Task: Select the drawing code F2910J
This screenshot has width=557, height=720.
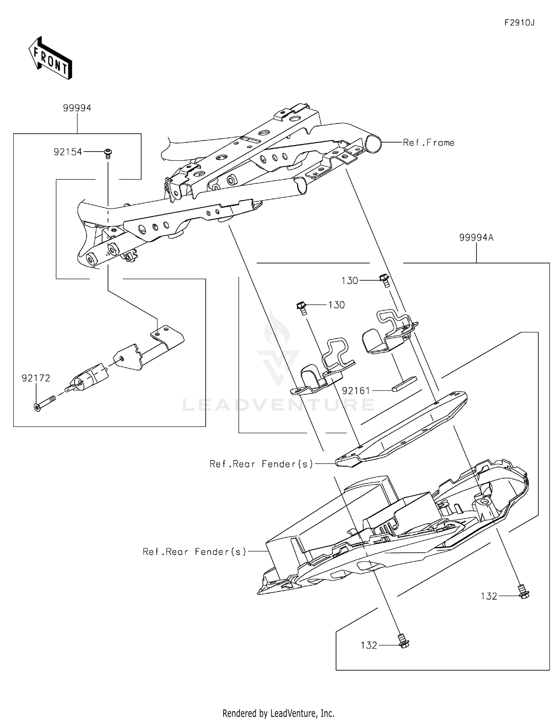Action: pos(519,23)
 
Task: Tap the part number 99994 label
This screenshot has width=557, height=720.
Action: pos(77,108)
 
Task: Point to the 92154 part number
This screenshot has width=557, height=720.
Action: pos(68,152)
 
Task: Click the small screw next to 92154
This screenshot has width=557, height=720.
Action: pos(108,153)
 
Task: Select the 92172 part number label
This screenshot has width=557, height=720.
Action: pos(36,378)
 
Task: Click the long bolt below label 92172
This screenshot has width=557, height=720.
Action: pos(44,403)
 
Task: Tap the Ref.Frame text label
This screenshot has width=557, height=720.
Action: pos(429,143)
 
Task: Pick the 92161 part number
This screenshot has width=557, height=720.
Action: pos(356,390)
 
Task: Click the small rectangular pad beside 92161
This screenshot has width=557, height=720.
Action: pos(404,384)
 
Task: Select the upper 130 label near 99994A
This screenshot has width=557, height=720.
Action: pos(349,280)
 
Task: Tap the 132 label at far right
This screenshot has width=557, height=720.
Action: pos(489,596)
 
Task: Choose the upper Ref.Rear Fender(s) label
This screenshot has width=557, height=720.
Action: pos(261,464)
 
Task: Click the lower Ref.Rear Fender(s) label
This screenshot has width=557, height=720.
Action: pos(195,552)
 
